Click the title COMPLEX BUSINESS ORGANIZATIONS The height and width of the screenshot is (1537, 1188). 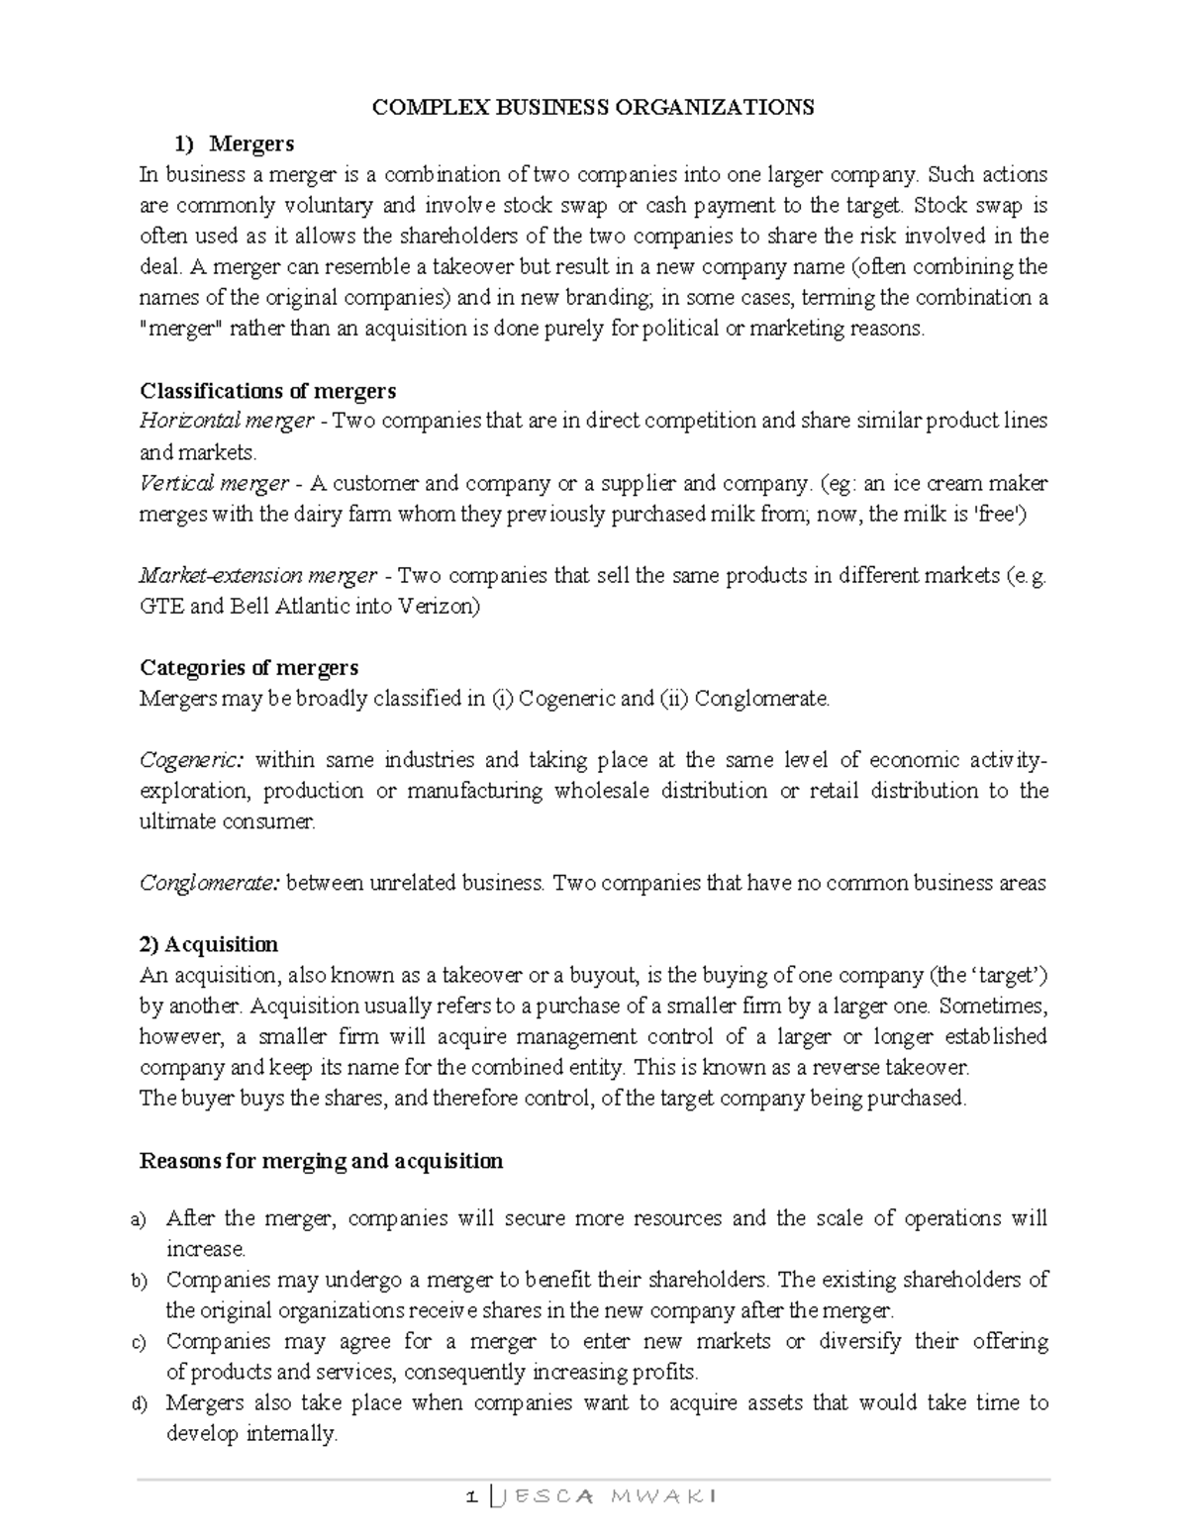point(592,107)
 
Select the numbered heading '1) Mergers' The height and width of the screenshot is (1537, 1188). point(235,144)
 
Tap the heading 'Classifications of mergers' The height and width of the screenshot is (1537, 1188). point(267,390)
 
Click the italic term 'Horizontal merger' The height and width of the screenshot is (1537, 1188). point(226,421)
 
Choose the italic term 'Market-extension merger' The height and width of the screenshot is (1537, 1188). point(257,575)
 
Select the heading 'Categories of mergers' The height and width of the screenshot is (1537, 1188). point(248,667)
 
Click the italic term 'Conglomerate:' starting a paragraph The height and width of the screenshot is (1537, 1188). point(210,883)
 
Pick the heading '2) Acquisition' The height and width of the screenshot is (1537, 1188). point(209,944)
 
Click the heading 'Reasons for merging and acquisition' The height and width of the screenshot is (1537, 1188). point(321,1160)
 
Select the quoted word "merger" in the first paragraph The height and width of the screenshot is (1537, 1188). point(181,329)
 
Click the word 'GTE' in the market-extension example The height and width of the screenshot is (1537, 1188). point(160,606)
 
